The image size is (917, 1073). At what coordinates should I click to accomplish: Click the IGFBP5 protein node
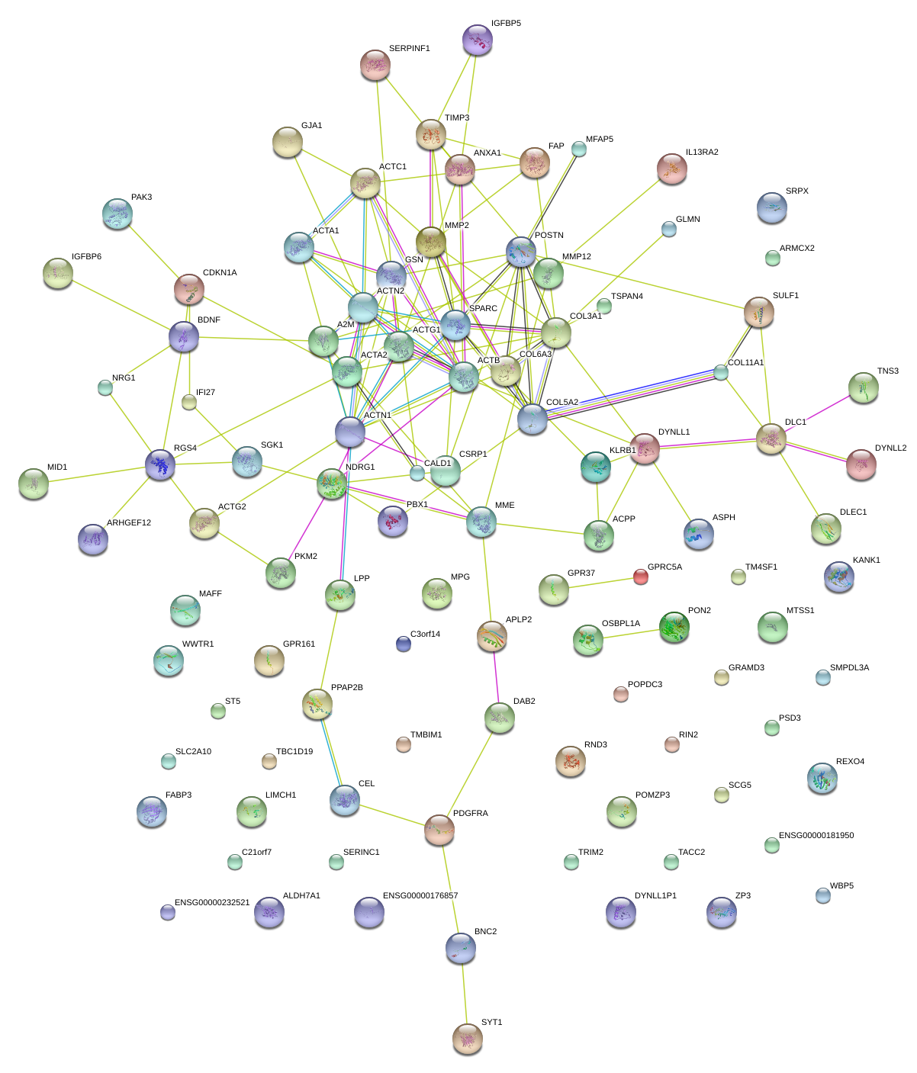click(x=478, y=40)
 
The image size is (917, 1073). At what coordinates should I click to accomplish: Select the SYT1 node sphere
click(x=468, y=1039)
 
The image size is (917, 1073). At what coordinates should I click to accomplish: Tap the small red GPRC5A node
click(x=641, y=577)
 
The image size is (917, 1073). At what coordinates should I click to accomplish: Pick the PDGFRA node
click(x=439, y=830)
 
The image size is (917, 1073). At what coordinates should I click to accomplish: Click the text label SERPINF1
click(x=410, y=49)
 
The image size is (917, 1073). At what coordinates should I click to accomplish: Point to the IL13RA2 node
click(x=672, y=169)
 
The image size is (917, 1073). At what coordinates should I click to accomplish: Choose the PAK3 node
click(x=117, y=214)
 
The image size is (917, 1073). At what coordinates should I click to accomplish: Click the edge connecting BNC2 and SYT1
click(x=464, y=993)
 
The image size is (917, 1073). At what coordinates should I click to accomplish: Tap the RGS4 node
click(x=160, y=464)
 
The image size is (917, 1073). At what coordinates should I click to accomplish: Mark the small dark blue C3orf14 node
click(x=404, y=644)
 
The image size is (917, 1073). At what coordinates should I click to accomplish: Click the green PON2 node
click(x=674, y=627)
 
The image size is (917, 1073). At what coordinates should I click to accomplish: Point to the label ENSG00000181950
click(x=816, y=836)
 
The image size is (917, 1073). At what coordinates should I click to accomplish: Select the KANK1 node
click(x=839, y=577)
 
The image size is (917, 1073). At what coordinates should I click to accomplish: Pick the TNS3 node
click(x=864, y=387)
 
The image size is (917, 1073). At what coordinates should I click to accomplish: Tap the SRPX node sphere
click(x=772, y=207)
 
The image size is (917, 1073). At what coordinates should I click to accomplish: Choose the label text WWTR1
click(x=198, y=644)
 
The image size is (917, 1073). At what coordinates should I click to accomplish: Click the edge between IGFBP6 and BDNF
click(x=122, y=306)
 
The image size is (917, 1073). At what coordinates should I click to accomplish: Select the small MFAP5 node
click(x=579, y=149)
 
